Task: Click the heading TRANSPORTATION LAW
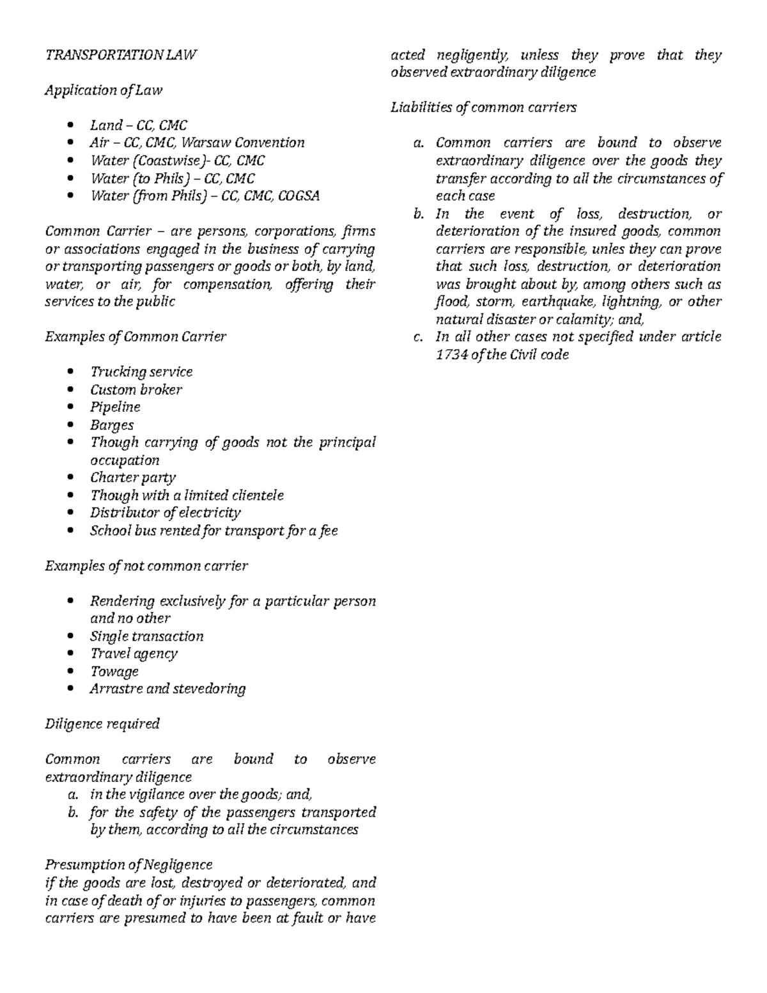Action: [x=121, y=55]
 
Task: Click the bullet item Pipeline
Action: [x=115, y=407]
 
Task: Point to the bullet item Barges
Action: [x=112, y=425]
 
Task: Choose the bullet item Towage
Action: [x=114, y=671]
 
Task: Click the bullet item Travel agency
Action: [x=134, y=653]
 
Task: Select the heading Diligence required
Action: [x=102, y=724]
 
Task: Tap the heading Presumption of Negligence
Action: [x=128, y=865]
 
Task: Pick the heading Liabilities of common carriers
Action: [x=483, y=107]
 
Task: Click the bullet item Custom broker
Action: [x=136, y=389]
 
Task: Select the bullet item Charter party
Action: [x=132, y=478]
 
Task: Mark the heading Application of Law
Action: [x=104, y=90]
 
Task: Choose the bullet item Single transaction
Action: [x=147, y=636]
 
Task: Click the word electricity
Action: [x=210, y=513]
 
